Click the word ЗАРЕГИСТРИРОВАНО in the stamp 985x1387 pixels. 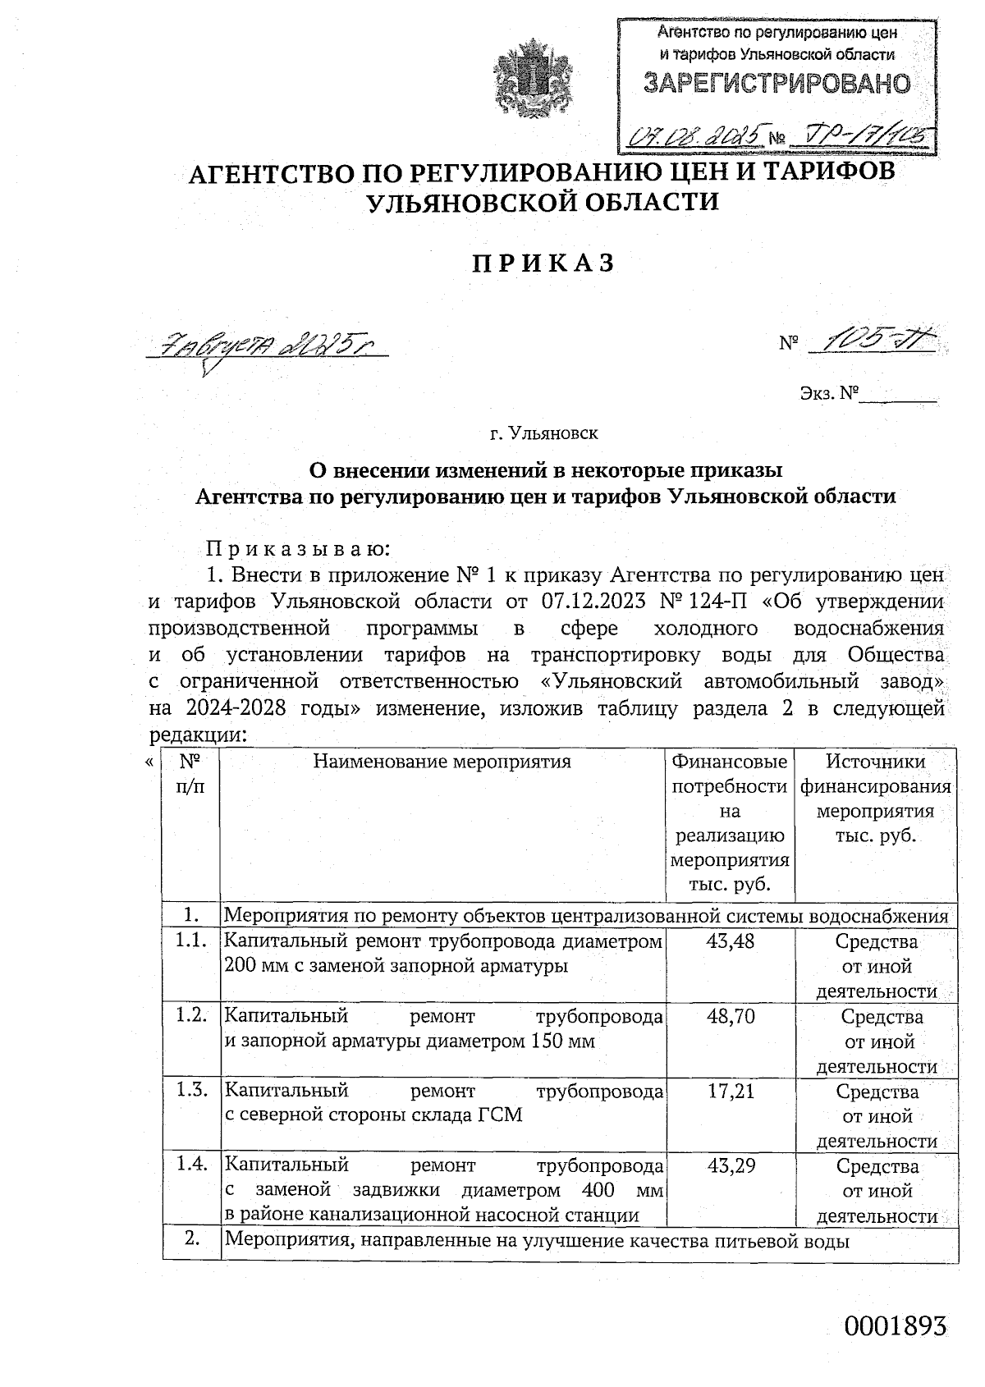click(x=777, y=84)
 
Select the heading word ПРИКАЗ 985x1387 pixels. click(x=543, y=263)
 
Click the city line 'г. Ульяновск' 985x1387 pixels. click(x=544, y=431)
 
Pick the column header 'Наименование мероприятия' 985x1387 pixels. click(x=442, y=762)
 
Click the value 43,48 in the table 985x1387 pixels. click(x=731, y=941)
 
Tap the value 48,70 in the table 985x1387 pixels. click(x=731, y=1017)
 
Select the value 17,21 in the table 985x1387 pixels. click(x=731, y=1092)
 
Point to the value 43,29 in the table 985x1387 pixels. click(x=731, y=1165)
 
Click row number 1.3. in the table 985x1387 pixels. click(x=190, y=1091)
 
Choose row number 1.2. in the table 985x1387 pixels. click(x=190, y=1016)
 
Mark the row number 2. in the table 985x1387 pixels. click(x=192, y=1239)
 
